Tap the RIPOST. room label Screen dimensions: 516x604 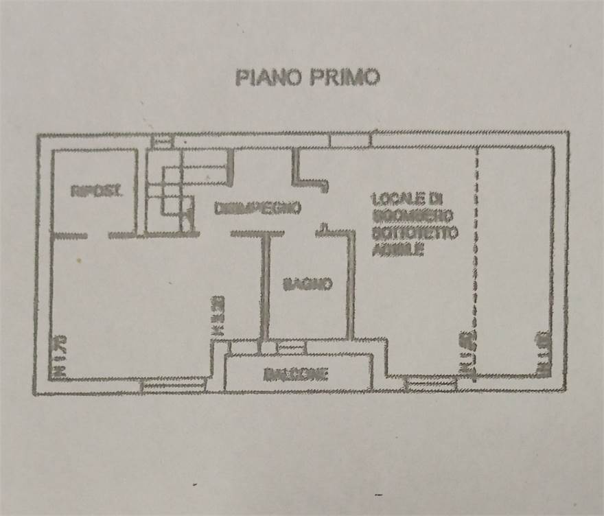[x=97, y=192]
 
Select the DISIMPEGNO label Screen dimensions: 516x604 [x=257, y=208]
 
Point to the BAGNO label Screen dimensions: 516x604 [x=308, y=283]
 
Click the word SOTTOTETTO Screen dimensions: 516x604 [x=415, y=234]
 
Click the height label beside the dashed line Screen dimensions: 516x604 [x=466, y=354]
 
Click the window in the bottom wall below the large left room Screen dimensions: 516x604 [x=174, y=386]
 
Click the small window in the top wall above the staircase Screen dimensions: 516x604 [x=163, y=141]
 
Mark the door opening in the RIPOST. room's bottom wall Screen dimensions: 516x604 [x=97, y=235]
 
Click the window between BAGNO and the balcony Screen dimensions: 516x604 [x=291, y=349]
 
